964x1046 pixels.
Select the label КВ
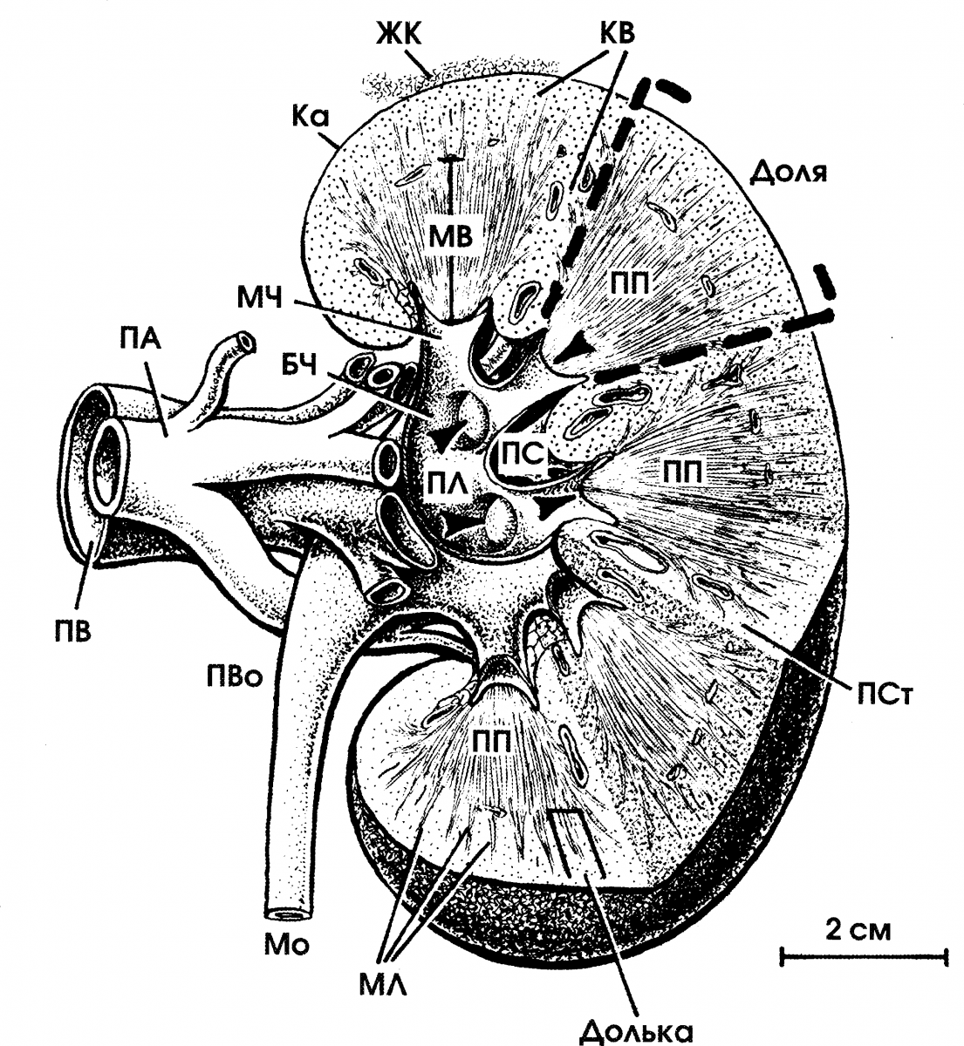tap(618, 33)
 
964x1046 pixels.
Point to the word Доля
tap(788, 172)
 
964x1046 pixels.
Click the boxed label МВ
tap(450, 237)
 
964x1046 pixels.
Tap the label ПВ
tap(72, 632)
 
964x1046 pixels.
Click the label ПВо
tap(234, 678)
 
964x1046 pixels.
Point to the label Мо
tap(287, 944)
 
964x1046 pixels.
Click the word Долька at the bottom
tap(637, 1031)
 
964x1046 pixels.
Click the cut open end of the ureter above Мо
tap(289, 914)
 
